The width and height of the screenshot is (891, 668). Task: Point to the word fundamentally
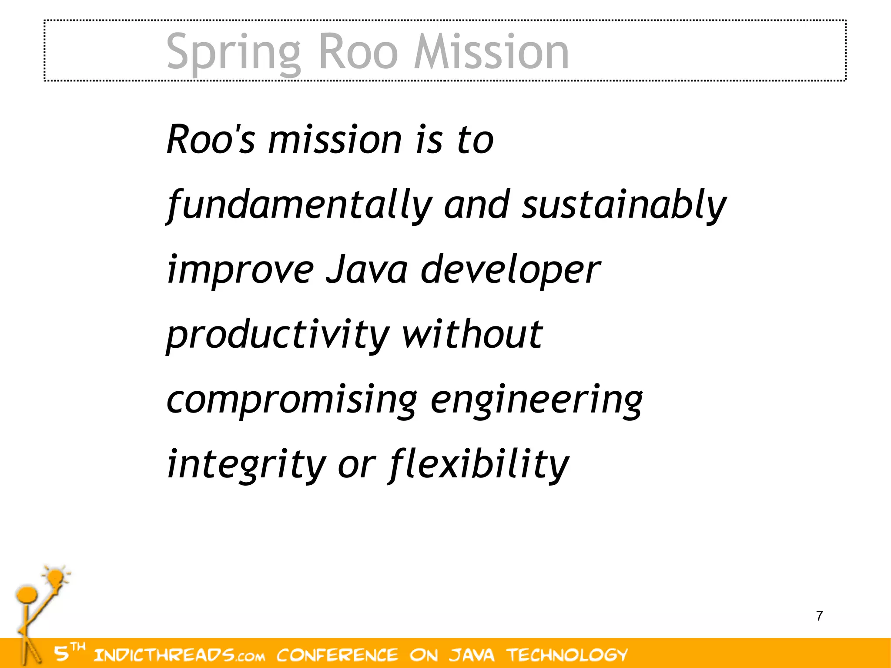(x=300, y=205)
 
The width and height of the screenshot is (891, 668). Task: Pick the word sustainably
(x=624, y=205)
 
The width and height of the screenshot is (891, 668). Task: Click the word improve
(x=240, y=270)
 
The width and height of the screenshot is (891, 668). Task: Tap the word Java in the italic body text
(x=367, y=269)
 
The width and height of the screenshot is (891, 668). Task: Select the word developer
(x=510, y=270)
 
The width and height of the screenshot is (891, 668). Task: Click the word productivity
(x=278, y=335)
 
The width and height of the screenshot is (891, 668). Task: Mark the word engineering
(x=536, y=400)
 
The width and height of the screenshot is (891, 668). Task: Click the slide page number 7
(x=819, y=616)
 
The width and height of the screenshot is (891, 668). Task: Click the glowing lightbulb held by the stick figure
(x=55, y=579)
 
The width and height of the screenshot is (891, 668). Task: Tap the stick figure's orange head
(x=26, y=595)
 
